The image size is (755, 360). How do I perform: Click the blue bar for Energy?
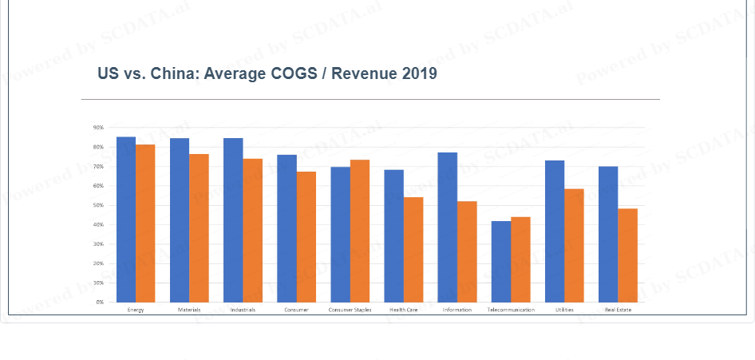point(126,220)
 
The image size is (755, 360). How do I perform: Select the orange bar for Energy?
point(145,224)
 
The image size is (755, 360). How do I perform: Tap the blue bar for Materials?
point(180,220)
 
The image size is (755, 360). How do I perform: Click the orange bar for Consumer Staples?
point(359,231)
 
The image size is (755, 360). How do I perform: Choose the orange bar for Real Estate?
point(627,255)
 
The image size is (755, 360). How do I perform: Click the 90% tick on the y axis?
point(99,128)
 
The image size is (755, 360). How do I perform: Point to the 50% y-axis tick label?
point(99,205)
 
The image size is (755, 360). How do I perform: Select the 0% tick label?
point(101,303)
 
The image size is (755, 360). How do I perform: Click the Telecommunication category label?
point(511,310)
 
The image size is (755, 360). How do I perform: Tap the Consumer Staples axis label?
point(350,310)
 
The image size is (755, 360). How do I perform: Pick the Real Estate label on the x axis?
point(618,310)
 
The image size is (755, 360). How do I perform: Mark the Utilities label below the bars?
point(564,310)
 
